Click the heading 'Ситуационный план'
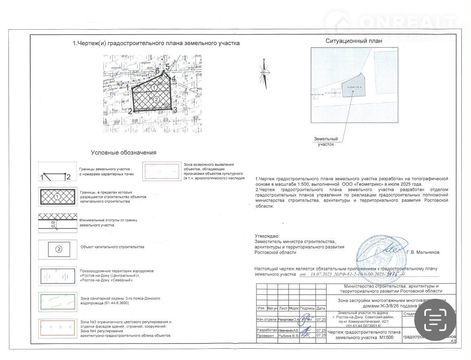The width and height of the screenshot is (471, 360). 354,41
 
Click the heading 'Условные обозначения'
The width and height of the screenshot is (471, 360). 124,153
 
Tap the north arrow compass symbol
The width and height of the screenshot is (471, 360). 264,74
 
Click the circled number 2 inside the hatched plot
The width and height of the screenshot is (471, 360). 157,99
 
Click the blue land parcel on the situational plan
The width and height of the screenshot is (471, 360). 353,85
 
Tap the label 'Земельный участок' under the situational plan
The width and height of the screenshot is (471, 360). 326,142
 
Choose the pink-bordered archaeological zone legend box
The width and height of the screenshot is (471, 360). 161,171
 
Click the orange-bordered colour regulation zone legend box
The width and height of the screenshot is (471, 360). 58,329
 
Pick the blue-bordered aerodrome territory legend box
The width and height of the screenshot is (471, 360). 58,276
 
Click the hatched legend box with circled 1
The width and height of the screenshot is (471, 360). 58,197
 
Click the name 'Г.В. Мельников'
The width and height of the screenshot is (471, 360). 423,252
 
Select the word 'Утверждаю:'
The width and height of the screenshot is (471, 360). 266,236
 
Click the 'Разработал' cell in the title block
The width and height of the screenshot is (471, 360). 267,330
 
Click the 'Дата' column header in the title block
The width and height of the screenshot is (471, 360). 321,308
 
